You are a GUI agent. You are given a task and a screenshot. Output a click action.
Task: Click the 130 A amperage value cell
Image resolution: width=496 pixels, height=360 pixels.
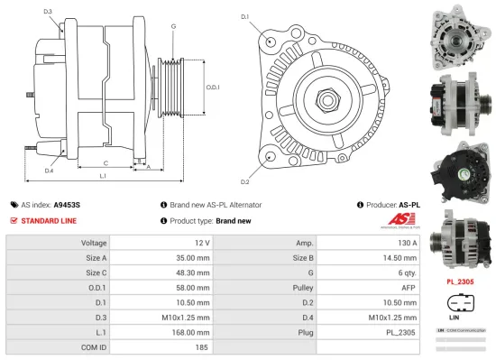[408, 243]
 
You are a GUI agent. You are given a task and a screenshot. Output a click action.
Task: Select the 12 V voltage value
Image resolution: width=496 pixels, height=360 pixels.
[201, 243]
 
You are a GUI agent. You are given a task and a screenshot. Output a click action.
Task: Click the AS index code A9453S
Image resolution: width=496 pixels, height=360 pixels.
[68, 205]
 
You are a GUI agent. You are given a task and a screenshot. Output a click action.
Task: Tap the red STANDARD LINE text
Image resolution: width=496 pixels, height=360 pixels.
[49, 220]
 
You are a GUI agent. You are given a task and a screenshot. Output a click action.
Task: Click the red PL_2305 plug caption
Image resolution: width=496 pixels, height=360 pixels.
[460, 281]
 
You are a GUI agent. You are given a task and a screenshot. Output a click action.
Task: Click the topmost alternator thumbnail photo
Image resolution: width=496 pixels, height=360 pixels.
[459, 33]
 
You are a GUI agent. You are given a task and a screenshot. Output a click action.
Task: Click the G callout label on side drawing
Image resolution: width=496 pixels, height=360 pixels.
[173, 26]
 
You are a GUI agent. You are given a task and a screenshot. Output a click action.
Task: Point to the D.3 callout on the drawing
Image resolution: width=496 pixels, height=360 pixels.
[47, 11]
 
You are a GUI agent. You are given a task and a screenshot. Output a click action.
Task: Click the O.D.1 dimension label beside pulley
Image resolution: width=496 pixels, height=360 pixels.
[213, 88]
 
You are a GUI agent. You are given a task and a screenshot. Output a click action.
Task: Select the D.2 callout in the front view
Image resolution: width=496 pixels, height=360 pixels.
[244, 157]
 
